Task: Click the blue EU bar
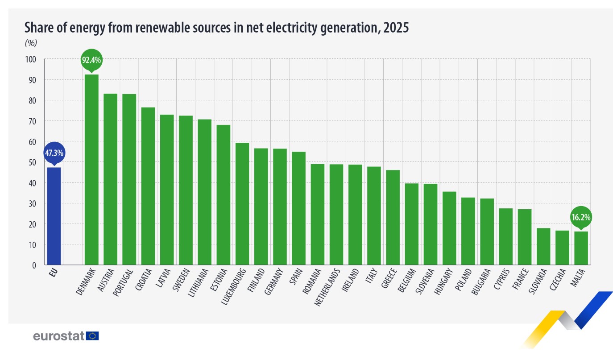point(54,216)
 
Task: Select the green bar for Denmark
point(91,170)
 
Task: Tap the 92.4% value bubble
point(91,59)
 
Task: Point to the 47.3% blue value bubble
point(54,153)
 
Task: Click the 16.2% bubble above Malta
point(580,217)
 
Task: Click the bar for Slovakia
point(543,246)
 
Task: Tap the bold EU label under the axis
point(54,272)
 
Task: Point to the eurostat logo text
point(59,336)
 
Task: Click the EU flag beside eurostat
point(93,336)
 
